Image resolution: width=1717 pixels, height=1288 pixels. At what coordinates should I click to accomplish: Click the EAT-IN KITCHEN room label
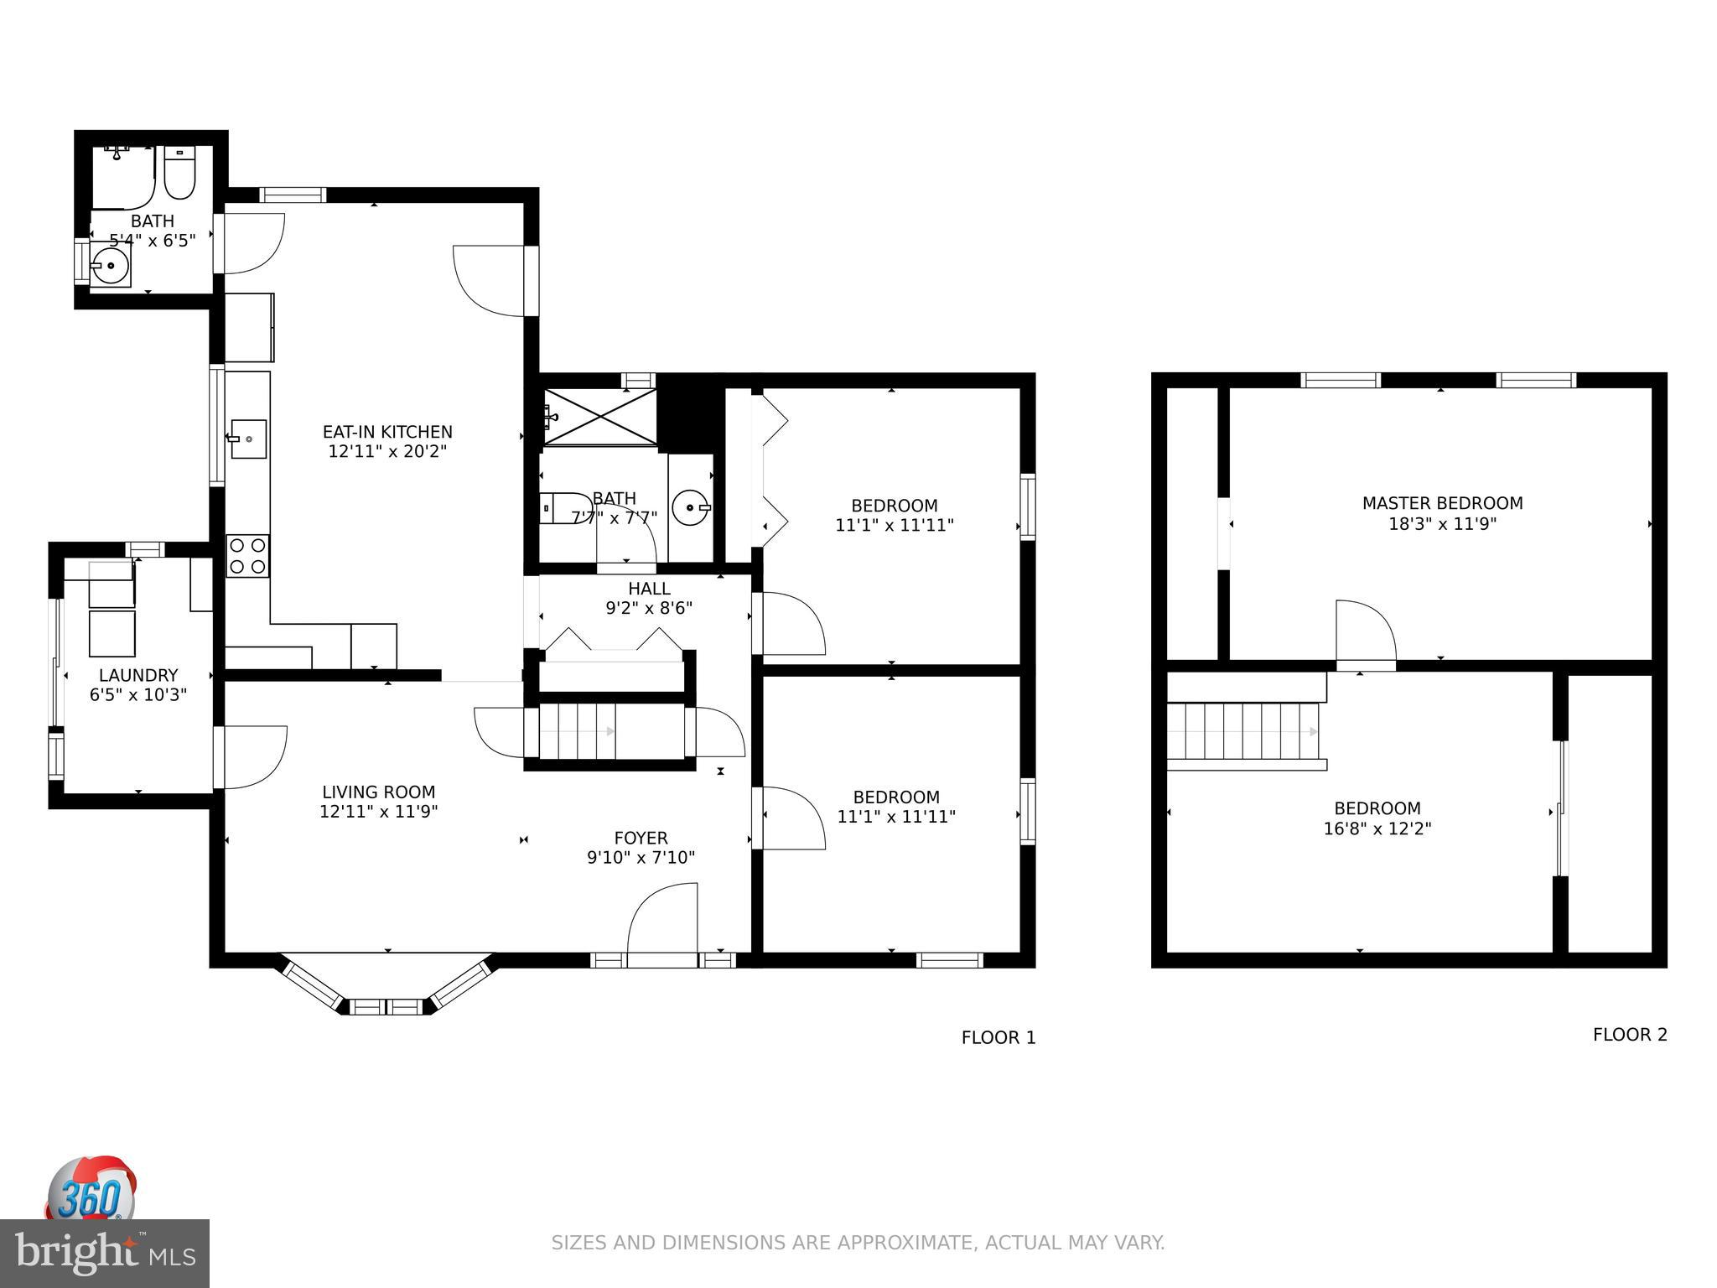coord(387,432)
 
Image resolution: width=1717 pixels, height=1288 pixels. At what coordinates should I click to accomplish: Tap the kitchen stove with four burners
coord(247,556)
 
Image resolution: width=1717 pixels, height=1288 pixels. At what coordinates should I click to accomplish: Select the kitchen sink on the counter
coord(248,439)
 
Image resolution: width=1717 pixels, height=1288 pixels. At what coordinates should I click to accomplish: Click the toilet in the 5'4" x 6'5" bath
coord(179,173)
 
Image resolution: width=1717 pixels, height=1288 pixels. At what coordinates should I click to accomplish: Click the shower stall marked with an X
coord(599,417)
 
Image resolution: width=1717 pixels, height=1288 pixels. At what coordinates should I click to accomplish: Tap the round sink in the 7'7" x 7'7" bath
coord(690,507)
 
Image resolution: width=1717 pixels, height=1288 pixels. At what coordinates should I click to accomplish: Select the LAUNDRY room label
coord(138,675)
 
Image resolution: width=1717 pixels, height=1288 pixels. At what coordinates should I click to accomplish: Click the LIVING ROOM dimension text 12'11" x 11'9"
coord(378,812)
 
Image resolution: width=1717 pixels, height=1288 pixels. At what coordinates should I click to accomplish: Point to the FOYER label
coord(641,838)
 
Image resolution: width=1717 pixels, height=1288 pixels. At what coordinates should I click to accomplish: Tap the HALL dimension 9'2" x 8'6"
coord(649,608)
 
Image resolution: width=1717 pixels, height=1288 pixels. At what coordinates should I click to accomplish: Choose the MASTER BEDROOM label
coord(1442,503)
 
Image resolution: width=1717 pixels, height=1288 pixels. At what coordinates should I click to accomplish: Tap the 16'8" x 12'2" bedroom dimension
coord(1377,828)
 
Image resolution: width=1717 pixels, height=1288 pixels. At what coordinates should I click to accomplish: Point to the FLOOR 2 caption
coord(1629,1035)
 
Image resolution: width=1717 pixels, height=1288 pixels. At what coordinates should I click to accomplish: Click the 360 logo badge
coord(90,1191)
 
